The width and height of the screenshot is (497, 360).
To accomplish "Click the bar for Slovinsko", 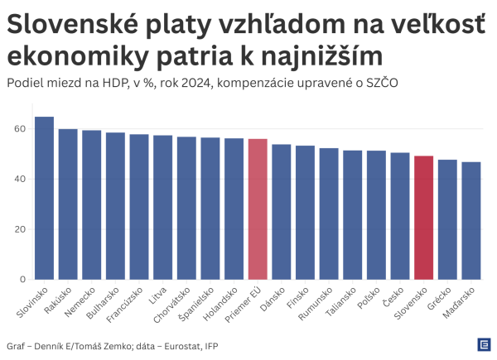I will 44,199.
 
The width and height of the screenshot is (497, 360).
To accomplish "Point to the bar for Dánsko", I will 282,212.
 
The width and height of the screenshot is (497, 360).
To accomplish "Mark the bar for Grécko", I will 447,219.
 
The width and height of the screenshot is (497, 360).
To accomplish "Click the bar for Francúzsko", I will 139,207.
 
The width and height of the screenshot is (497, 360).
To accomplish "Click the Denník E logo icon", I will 483,344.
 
